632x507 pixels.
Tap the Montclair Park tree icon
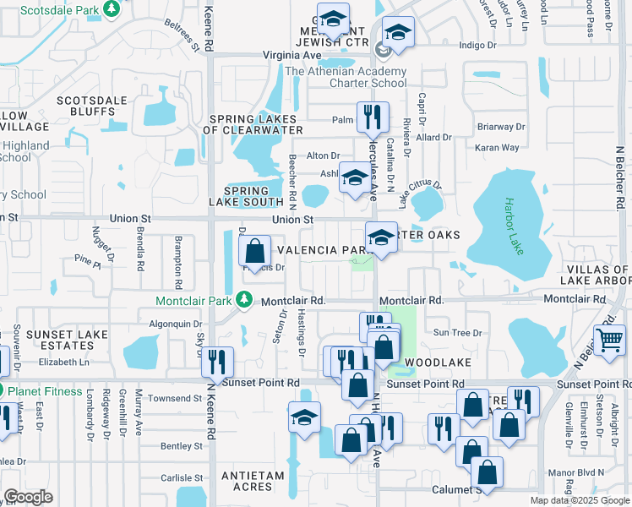244,299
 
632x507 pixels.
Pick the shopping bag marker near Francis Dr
254,251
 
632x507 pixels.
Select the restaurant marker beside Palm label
372,117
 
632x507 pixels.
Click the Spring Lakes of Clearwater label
253,124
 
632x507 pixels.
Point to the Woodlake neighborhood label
432,362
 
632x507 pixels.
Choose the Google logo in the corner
28,497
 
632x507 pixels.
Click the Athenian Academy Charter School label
346,78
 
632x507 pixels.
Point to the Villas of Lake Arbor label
596,275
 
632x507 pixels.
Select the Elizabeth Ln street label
64,362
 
